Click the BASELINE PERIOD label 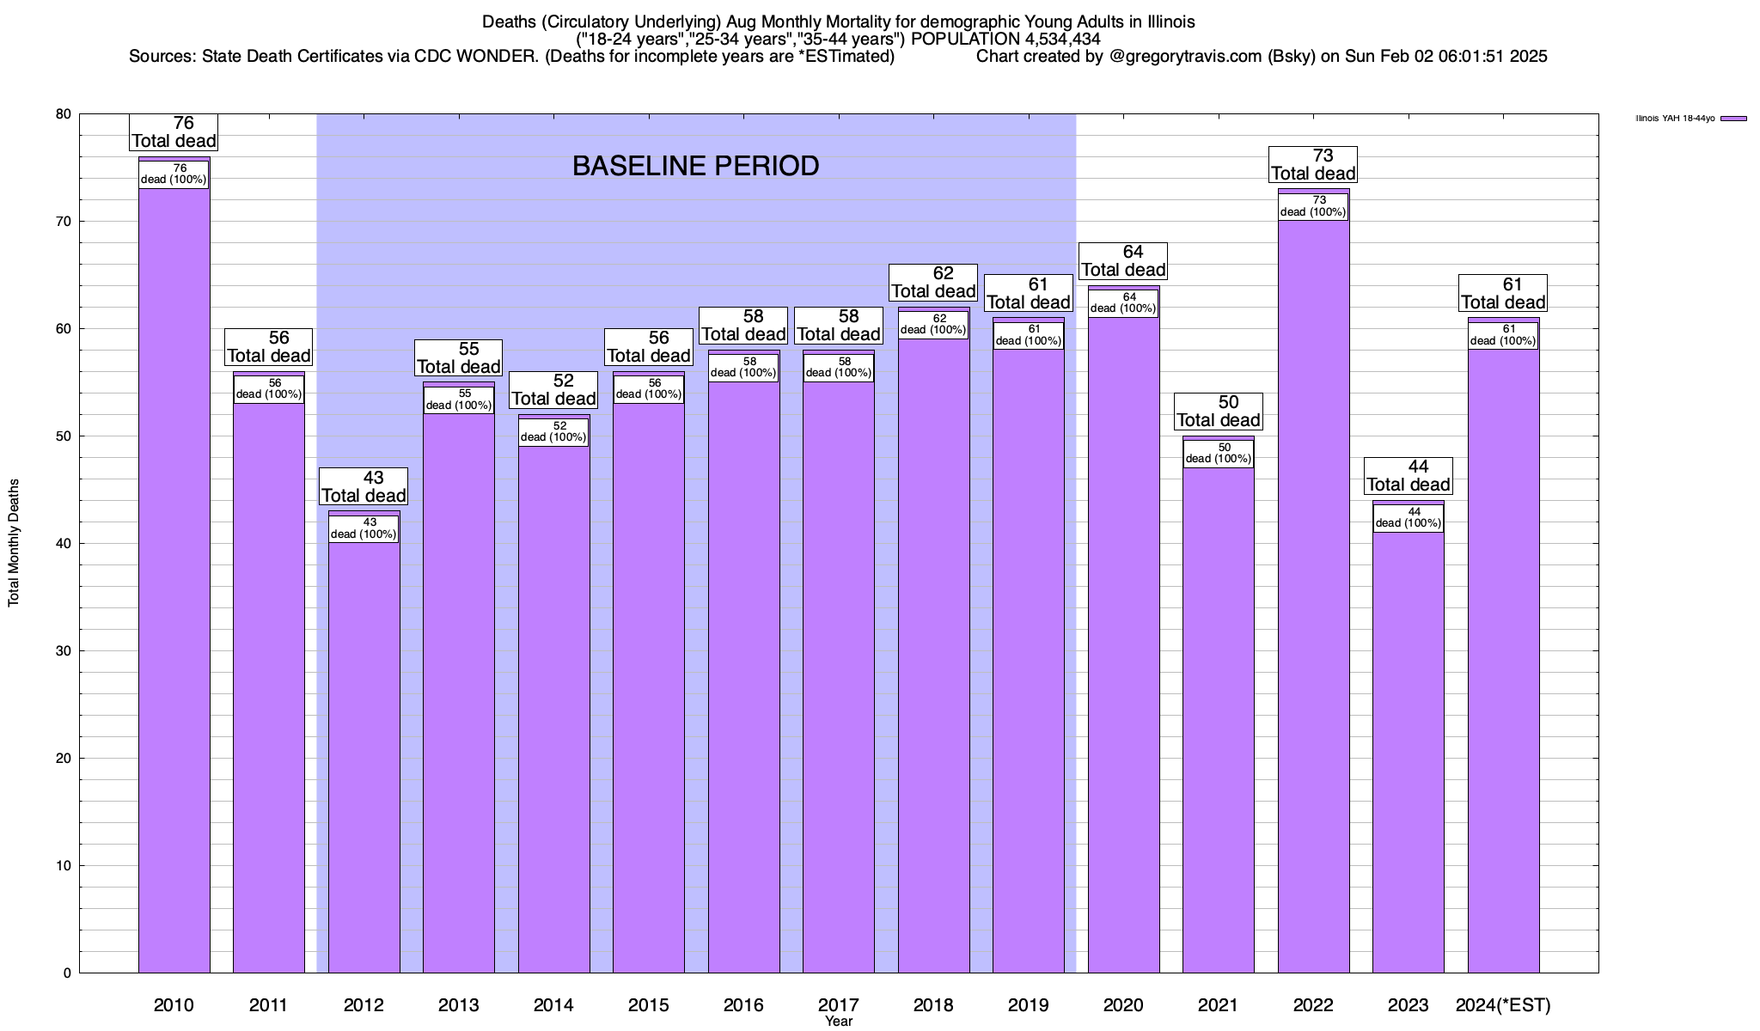click(695, 166)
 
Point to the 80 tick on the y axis click(64, 114)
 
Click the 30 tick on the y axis click(64, 651)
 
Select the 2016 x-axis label click(743, 1005)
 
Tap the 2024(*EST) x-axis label click(1503, 1005)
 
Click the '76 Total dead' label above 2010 click(174, 132)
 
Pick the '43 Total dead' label click(364, 486)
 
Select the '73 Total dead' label click(1313, 164)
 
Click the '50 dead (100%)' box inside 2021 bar click(1219, 453)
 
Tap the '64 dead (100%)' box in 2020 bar click(1123, 302)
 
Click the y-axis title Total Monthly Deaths click(14, 542)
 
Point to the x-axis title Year click(838, 1022)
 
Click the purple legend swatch click(1734, 119)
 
